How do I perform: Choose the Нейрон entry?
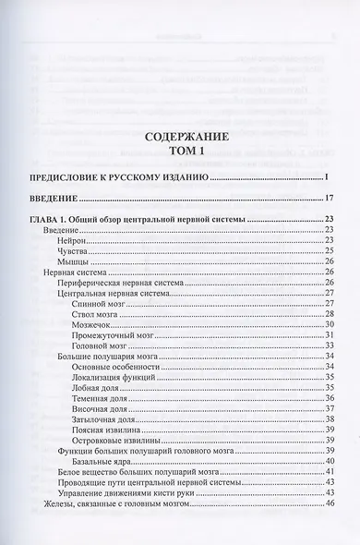[x=72, y=239]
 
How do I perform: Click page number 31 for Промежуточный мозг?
[x=328, y=335]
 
